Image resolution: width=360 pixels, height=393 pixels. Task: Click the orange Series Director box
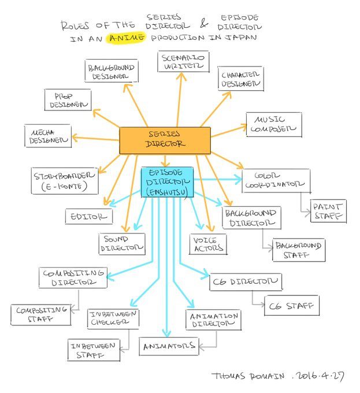[165, 140]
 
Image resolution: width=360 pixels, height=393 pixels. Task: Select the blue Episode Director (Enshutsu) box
[167, 182]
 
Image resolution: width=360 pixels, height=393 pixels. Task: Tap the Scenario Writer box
[183, 61]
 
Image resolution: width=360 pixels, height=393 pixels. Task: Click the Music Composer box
[273, 124]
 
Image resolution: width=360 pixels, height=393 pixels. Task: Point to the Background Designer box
[111, 71]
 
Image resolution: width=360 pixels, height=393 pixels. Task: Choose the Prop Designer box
[68, 99]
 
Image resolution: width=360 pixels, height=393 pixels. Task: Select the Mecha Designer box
[47, 135]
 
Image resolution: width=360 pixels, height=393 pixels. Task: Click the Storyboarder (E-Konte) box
[65, 180]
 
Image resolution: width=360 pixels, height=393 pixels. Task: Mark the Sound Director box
[121, 243]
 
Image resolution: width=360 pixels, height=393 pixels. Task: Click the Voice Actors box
[207, 244]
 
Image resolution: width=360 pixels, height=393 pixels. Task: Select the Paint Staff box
[328, 211]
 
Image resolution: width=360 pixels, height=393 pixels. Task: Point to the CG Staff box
[291, 305]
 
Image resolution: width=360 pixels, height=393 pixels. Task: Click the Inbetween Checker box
[113, 318]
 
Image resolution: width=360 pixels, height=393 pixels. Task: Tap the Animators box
[169, 347]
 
